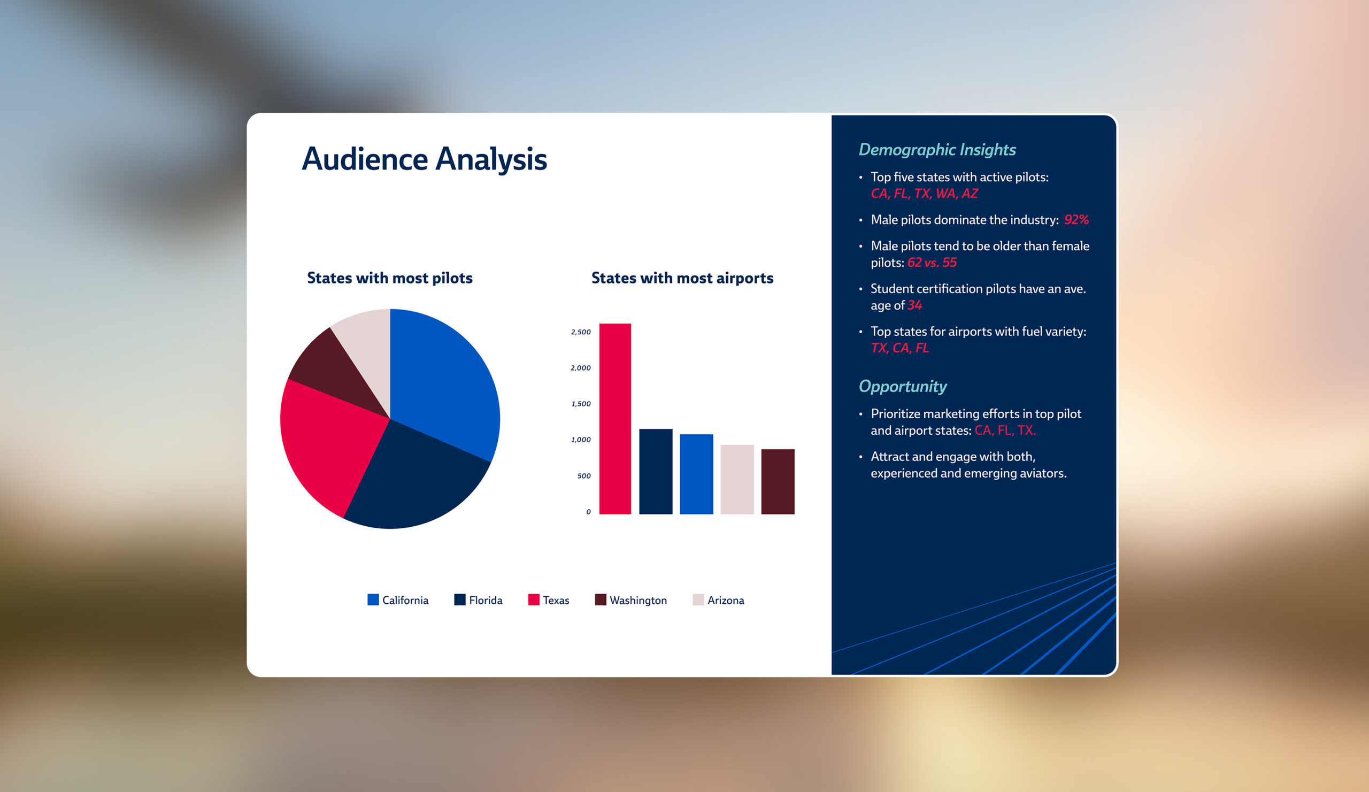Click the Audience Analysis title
[424, 159]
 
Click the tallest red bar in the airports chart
[615, 419]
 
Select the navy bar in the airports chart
[656, 472]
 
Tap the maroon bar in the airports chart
[778, 482]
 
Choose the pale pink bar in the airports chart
[737, 480]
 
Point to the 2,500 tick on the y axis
[581, 332]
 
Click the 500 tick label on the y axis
[584, 476]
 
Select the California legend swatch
[373, 599]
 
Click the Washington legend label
[639, 600]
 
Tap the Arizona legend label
[726, 600]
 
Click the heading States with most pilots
[390, 278]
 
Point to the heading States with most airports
[682, 278]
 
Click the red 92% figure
[1076, 219]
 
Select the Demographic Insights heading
[937, 150]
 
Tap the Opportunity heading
[902, 387]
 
